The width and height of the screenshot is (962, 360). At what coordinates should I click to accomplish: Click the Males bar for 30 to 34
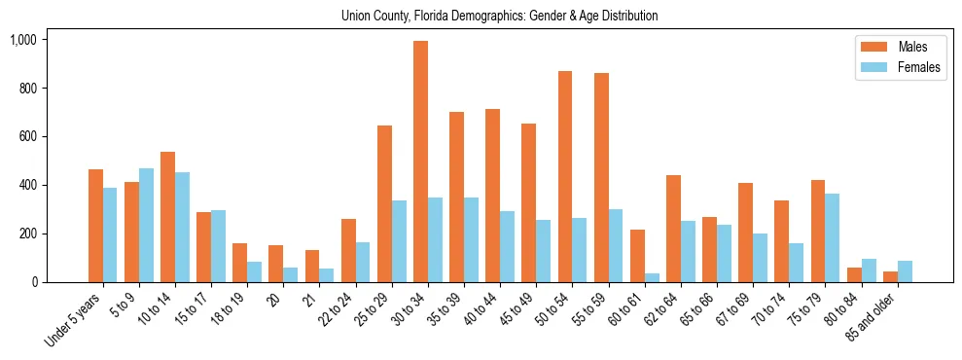[420, 162]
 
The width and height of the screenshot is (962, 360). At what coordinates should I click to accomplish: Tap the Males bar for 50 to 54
[565, 176]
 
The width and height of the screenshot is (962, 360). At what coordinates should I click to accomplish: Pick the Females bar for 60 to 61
[652, 277]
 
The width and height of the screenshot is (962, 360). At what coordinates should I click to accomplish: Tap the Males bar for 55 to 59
[601, 177]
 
